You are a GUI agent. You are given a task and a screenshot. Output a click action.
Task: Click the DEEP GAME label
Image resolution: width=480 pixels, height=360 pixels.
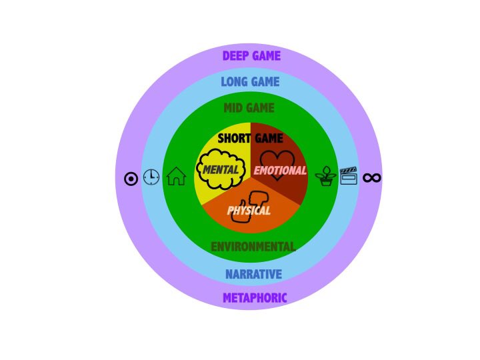[x=251, y=56]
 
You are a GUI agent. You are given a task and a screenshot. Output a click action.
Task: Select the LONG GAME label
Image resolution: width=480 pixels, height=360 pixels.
[x=250, y=82]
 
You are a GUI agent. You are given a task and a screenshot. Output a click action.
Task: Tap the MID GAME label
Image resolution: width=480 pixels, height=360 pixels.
[x=249, y=108]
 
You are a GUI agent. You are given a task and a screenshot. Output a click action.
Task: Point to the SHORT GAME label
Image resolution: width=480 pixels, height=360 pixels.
[x=250, y=139]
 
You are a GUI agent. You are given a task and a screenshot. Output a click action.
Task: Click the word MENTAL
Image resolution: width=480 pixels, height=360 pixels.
[x=221, y=170]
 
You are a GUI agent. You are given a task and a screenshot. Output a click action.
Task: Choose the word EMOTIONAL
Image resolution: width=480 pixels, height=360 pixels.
[x=280, y=171]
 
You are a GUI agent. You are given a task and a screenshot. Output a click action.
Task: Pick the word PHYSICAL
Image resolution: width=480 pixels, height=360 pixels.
[x=249, y=211]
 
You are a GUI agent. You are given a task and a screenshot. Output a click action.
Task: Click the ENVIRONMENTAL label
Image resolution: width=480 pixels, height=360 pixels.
[x=253, y=247]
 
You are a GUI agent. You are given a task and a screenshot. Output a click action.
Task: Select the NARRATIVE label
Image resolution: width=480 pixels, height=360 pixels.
[x=253, y=274]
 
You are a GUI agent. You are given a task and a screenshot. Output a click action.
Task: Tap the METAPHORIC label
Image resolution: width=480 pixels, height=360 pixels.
[x=255, y=298]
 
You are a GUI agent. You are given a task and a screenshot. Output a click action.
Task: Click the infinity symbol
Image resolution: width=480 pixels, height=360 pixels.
[x=371, y=177]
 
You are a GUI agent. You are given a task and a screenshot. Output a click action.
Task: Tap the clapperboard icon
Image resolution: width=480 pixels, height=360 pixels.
[x=349, y=176]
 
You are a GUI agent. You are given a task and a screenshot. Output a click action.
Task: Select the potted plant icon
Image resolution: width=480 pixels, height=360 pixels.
[x=326, y=177]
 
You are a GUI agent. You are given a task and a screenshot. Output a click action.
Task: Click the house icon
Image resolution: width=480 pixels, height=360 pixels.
[x=176, y=177]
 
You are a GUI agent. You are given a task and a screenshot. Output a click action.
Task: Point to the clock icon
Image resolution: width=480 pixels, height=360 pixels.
[x=151, y=177]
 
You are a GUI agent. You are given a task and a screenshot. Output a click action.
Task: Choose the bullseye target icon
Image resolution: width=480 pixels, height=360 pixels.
[x=131, y=178]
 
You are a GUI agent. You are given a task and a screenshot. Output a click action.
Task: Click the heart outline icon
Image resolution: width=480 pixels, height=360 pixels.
[x=277, y=160]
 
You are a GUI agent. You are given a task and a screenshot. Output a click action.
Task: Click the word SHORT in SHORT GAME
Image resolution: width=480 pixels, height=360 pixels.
[x=233, y=139]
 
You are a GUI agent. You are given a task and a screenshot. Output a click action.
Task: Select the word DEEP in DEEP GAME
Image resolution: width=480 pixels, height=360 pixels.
[x=235, y=56]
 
